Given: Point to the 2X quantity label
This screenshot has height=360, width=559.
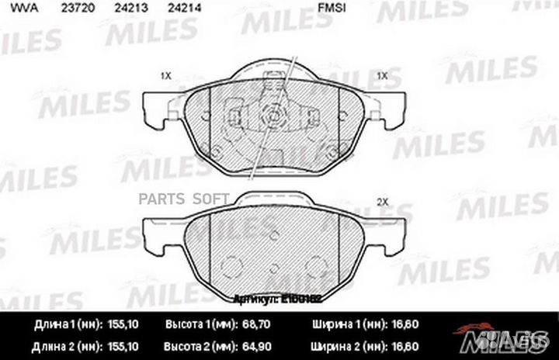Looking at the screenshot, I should point(381,202).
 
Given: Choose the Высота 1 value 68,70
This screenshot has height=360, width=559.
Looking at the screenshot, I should point(250,324).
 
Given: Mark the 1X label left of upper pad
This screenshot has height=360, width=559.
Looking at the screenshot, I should point(165,76).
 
